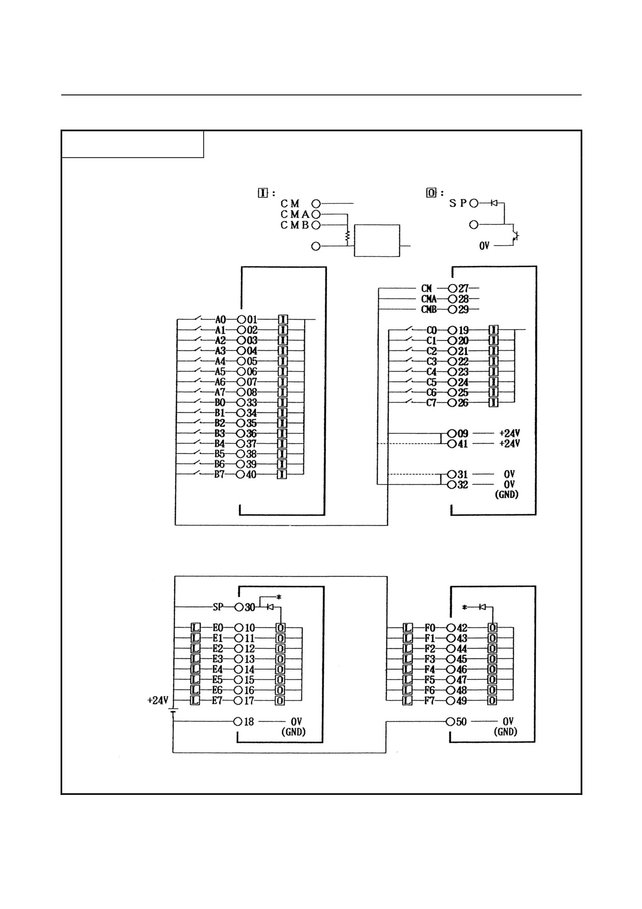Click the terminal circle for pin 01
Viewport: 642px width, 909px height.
tap(241, 319)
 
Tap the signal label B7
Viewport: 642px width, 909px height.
tap(220, 475)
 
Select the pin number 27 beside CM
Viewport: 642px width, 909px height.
tap(463, 288)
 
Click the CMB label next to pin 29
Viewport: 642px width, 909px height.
tap(429, 309)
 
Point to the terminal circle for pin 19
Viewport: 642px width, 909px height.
tap(452, 330)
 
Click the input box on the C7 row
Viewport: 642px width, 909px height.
tap(493, 403)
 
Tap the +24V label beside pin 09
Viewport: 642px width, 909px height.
tap(509, 433)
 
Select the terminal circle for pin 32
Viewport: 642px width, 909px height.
tap(452, 485)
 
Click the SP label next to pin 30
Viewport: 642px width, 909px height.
tap(218, 607)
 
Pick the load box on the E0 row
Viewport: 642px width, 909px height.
tap(195, 628)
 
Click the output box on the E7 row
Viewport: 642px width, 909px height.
tap(280, 701)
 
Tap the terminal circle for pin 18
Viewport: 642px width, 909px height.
tap(238, 721)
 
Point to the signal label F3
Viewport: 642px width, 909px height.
tap(430, 659)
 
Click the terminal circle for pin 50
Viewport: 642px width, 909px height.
tap(451, 721)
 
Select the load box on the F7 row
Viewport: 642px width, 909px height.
tap(408, 701)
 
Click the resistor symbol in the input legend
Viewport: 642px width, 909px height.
tap(347, 236)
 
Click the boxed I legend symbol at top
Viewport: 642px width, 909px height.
tap(263, 193)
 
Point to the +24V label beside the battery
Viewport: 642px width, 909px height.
tap(158, 700)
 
